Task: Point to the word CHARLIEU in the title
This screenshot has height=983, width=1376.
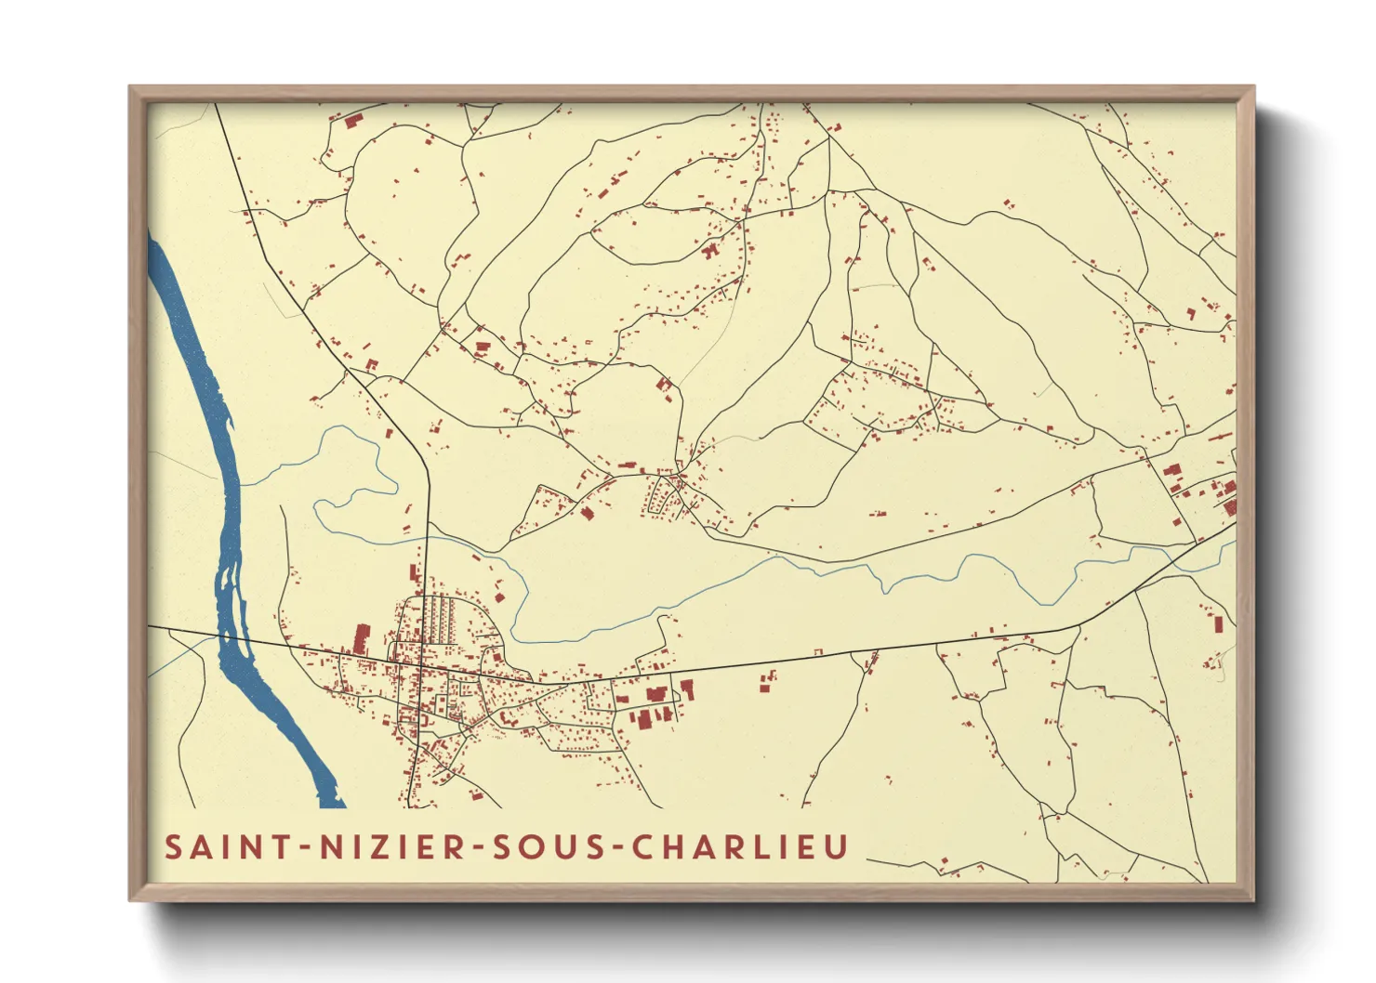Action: (x=740, y=847)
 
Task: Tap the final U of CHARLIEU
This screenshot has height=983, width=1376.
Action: (x=836, y=847)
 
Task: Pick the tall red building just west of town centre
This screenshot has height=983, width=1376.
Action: (x=361, y=640)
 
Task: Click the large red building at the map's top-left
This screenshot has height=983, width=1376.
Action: (x=352, y=121)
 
